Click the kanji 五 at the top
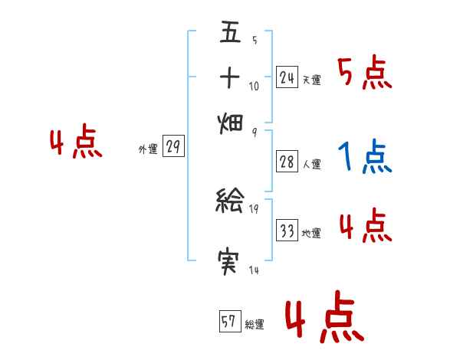[230, 34]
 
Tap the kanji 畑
[230, 123]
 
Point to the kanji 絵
[230, 202]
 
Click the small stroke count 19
[254, 209]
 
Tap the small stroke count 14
[254, 270]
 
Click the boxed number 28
[287, 162]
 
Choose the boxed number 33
[287, 231]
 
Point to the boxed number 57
[229, 322]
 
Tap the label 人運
[311, 165]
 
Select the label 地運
[311, 234]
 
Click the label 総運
[255, 325]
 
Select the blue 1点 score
[365, 157]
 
